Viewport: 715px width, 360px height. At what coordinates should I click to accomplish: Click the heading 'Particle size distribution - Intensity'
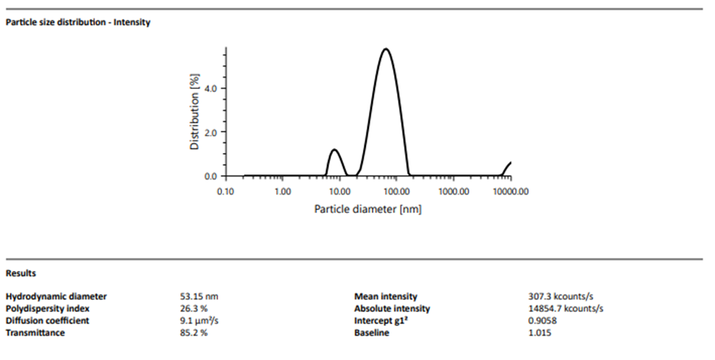pos(78,22)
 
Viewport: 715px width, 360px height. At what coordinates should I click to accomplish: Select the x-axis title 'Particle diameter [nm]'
pos(367,208)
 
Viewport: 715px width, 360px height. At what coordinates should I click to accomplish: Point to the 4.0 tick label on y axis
pos(210,88)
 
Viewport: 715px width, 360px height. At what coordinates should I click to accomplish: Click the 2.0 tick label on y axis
pos(210,132)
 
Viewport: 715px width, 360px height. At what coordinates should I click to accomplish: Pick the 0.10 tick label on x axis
pos(225,191)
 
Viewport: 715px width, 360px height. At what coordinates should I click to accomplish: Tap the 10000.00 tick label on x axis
pos(510,191)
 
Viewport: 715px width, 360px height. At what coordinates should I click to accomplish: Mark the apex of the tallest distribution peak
pos(386,49)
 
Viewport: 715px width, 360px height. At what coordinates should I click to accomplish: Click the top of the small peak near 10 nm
pos(333,149)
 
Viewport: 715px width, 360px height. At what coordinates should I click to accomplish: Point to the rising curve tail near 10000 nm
pos(507,167)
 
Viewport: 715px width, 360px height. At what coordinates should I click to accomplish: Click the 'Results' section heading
pos(21,272)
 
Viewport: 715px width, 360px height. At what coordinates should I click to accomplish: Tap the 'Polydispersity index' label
pos(47,308)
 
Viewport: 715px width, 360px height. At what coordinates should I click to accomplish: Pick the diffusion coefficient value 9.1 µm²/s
pos(197,320)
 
